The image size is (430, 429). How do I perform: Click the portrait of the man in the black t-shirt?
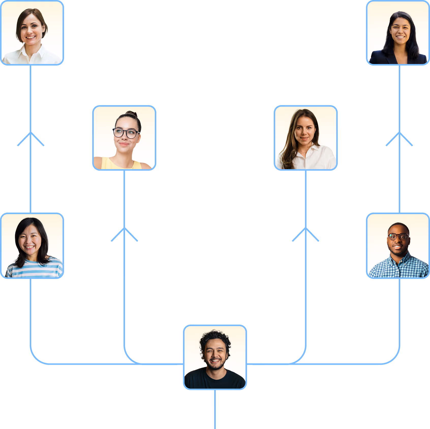click(x=215, y=357)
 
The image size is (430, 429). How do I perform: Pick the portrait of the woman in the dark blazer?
click(x=398, y=33)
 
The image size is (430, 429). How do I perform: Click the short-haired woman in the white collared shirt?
click(x=32, y=33)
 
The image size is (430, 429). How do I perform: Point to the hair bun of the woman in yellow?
click(x=132, y=114)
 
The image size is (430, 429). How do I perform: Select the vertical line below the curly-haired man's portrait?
click(x=215, y=409)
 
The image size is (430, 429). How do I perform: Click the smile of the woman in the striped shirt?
click(x=30, y=247)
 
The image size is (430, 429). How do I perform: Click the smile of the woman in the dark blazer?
click(x=400, y=37)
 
